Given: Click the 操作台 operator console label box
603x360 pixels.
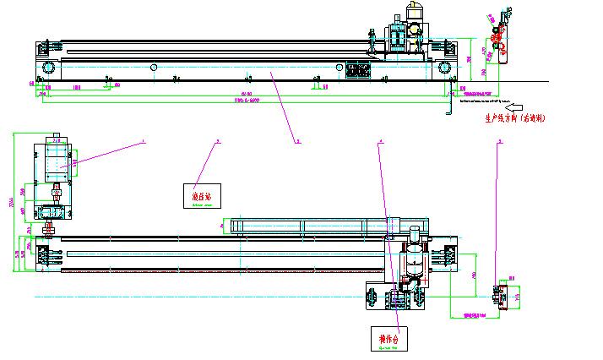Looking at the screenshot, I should coord(388,339).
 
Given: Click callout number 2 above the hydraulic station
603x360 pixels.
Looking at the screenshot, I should coord(217,142).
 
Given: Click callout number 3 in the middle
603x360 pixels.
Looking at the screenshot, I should coord(297,142).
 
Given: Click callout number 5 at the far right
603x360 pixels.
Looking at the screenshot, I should coord(500,142).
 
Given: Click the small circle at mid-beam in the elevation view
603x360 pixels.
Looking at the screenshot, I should coord(154,67).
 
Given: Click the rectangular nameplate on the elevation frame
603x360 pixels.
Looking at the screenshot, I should coord(359,68).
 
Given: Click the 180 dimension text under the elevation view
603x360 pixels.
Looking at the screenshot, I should coord(76,86).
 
